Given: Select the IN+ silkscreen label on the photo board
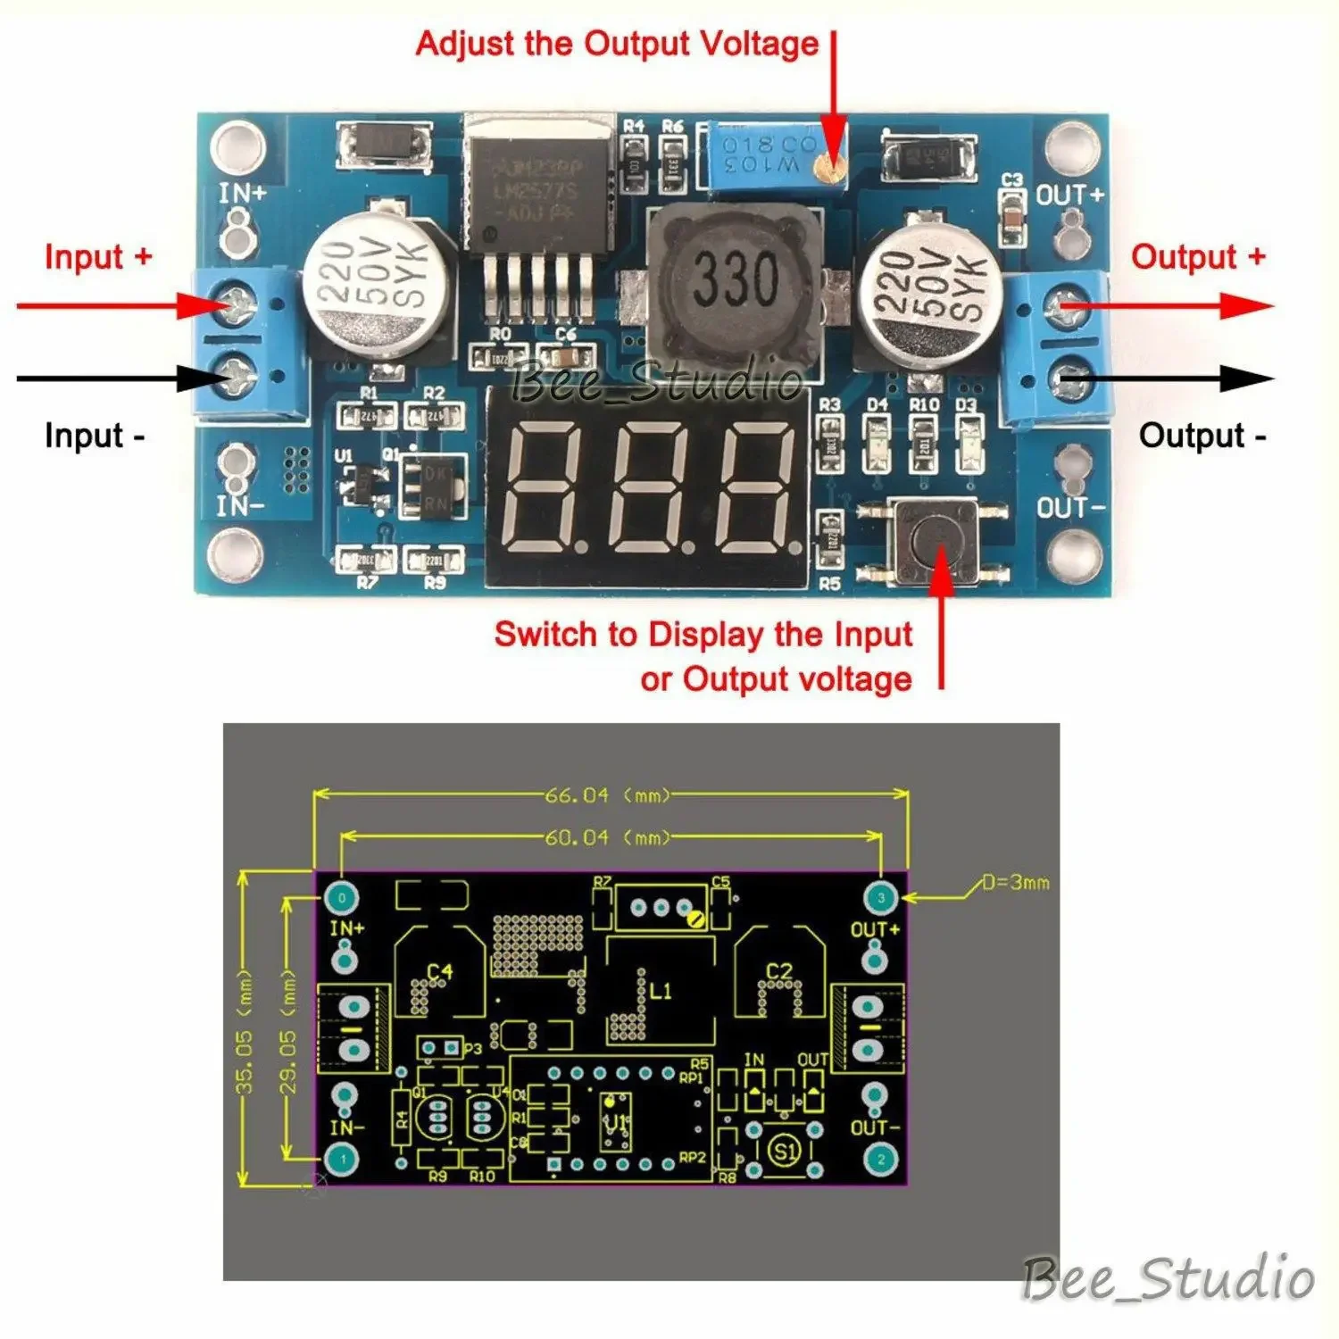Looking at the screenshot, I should point(242,193).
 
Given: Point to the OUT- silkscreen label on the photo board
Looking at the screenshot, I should point(1070,507).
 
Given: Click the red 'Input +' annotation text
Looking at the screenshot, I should point(98,257).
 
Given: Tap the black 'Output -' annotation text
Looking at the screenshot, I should point(1202,436).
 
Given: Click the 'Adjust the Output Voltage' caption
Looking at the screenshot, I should point(617,43).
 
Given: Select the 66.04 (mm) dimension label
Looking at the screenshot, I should point(607,794).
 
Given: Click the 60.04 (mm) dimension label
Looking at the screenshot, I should point(607,837).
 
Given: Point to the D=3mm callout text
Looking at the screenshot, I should point(1016,883).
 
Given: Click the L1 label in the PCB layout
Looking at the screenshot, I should point(660,990).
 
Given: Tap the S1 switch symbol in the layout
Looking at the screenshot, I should point(785,1151).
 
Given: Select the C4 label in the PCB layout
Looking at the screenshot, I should point(439,971).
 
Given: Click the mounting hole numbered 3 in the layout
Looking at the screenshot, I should point(880,897).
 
